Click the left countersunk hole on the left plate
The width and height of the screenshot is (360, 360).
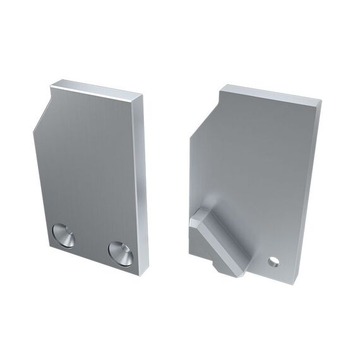tap(63, 236)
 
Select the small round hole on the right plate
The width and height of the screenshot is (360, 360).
tap(273, 260)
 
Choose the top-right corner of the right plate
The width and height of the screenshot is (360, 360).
tap(321, 103)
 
